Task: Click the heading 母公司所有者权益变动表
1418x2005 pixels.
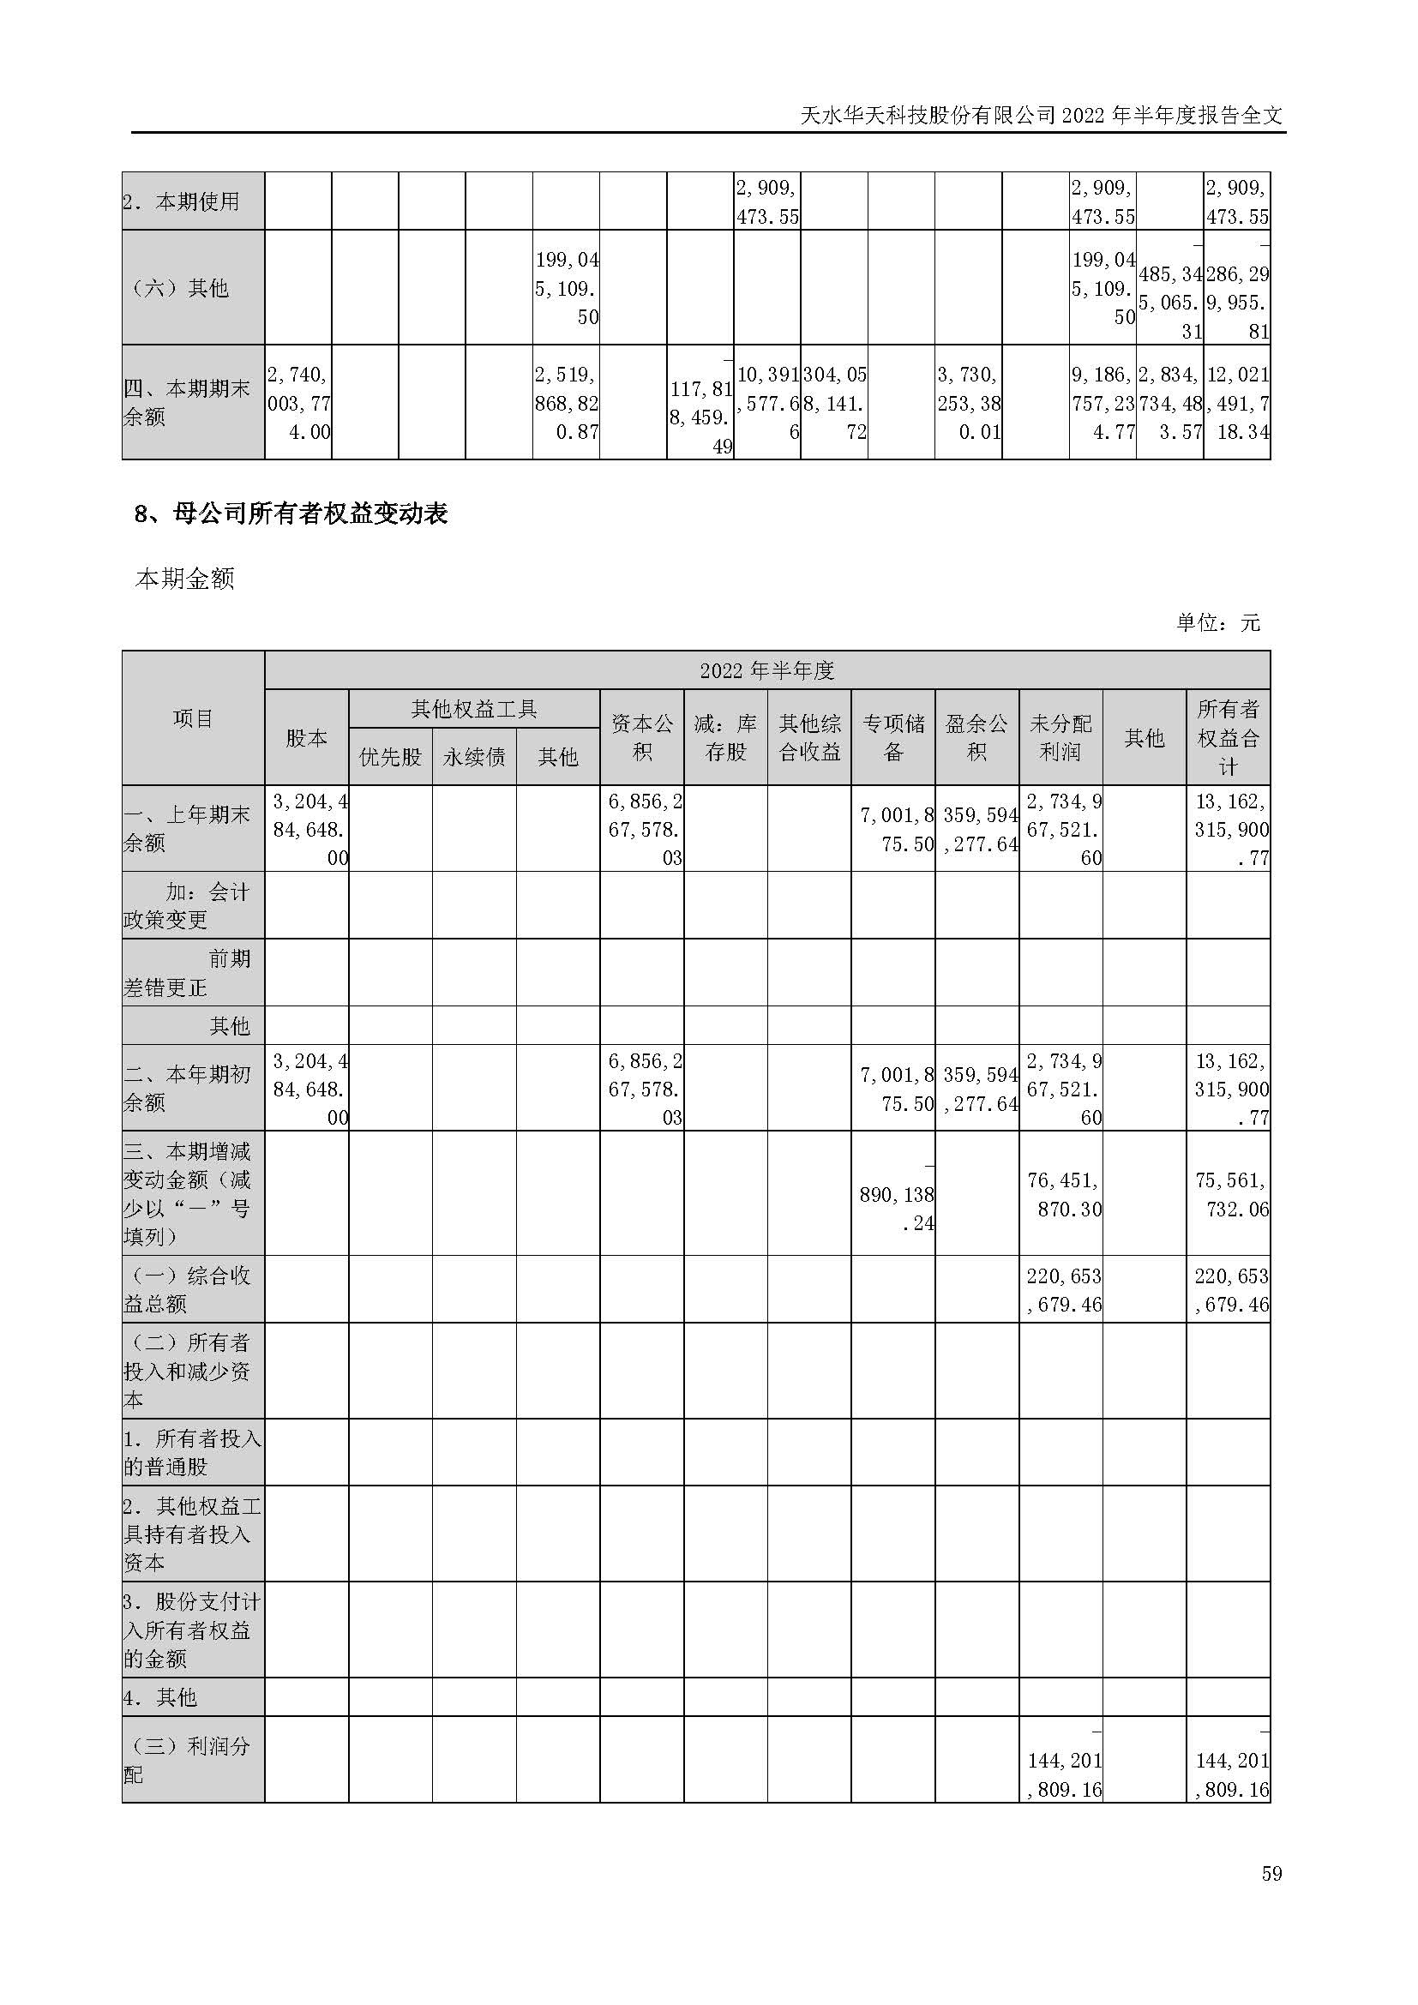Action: point(291,513)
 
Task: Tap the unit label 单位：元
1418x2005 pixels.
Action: point(1218,622)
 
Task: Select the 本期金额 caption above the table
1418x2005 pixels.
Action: point(185,579)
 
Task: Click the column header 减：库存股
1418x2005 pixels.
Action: point(725,737)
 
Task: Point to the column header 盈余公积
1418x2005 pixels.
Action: point(976,737)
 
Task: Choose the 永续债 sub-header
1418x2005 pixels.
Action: point(474,756)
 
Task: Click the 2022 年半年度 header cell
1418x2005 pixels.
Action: point(766,669)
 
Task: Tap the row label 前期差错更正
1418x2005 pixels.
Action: point(192,973)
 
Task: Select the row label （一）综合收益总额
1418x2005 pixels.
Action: point(192,1290)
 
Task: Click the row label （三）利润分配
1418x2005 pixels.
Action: point(192,1760)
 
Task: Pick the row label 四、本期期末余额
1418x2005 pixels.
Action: point(192,402)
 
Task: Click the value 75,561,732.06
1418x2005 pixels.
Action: point(1229,1195)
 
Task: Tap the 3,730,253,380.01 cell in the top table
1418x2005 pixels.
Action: point(968,403)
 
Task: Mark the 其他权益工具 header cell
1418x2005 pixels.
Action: point(474,709)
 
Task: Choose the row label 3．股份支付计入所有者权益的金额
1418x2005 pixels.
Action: point(192,1630)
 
